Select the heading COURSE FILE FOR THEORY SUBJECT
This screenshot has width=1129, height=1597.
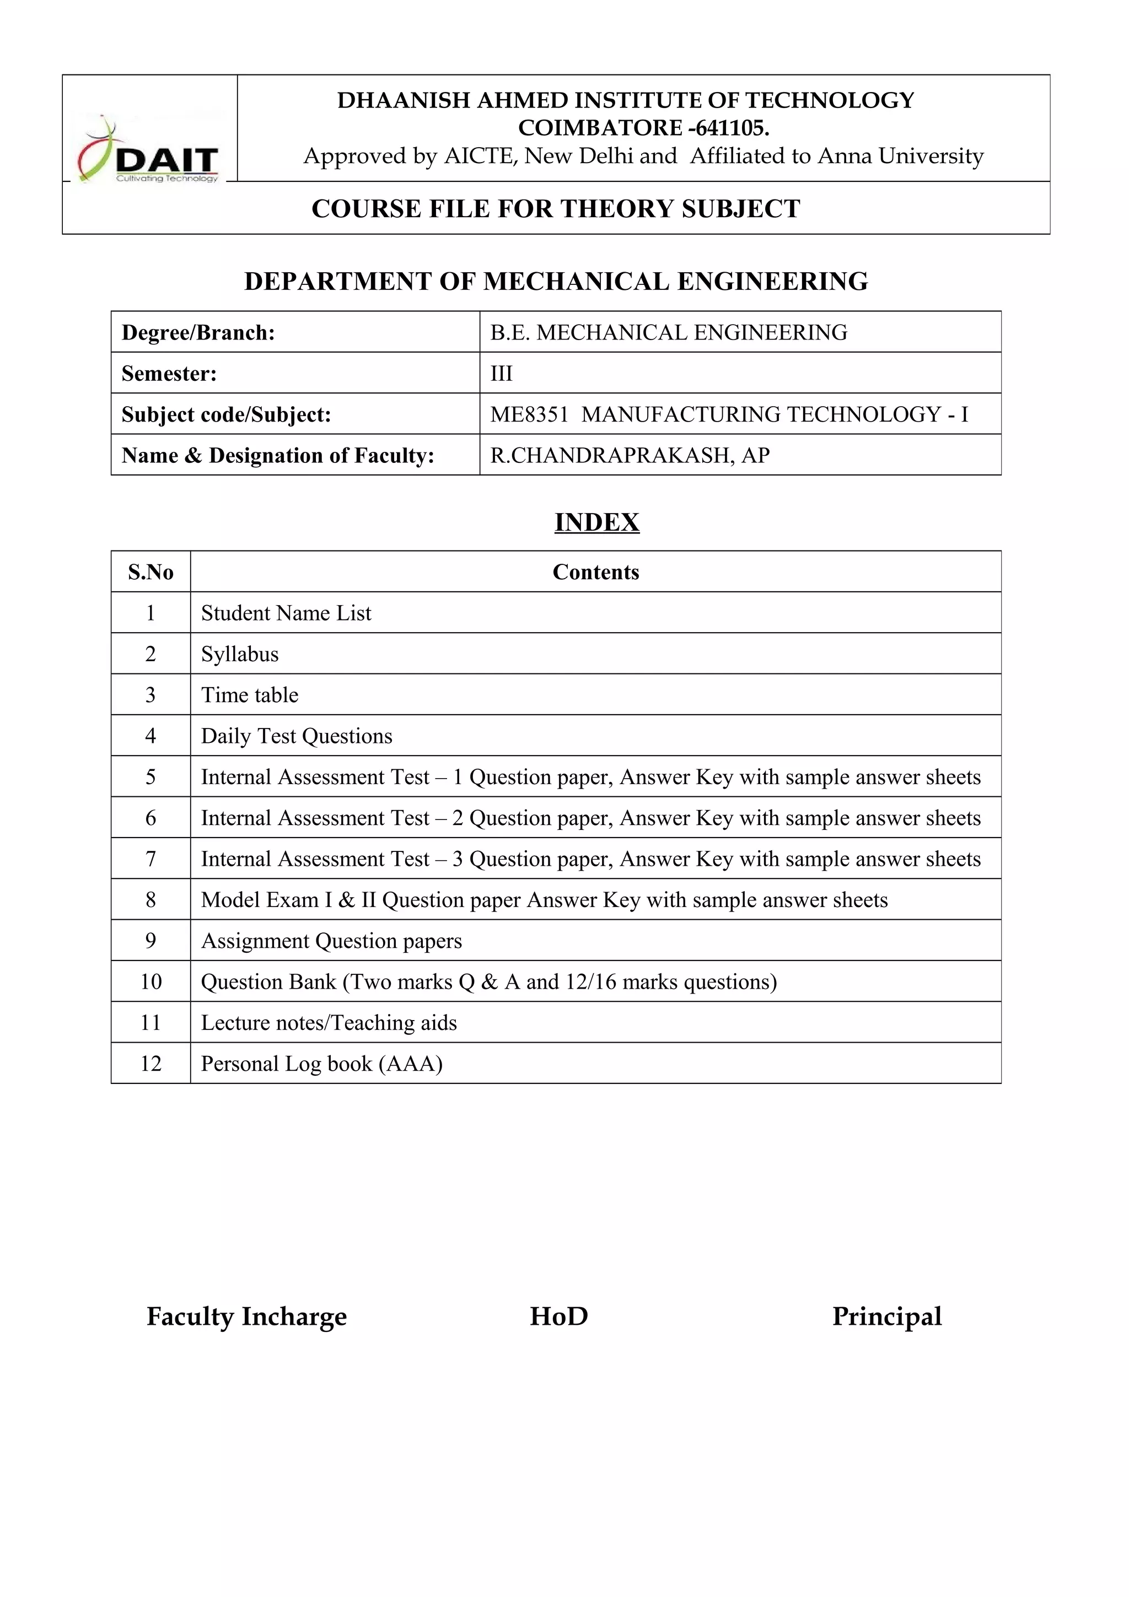[x=555, y=209]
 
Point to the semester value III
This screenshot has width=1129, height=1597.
[x=501, y=374]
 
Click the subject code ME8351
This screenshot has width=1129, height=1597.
[x=529, y=414]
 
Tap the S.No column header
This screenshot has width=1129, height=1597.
[x=150, y=572]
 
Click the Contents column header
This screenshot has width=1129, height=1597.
[x=595, y=572]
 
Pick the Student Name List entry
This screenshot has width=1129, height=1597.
[x=286, y=613]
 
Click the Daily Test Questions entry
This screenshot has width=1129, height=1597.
[x=297, y=736]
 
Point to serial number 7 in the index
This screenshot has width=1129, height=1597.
[x=150, y=859]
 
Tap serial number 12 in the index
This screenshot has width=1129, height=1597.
[x=150, y=1064]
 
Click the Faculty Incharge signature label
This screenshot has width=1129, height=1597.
[x=246, y=1317]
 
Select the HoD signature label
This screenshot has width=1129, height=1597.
[x=558, y=1317]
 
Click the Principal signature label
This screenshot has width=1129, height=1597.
[x=886, y=1317]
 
